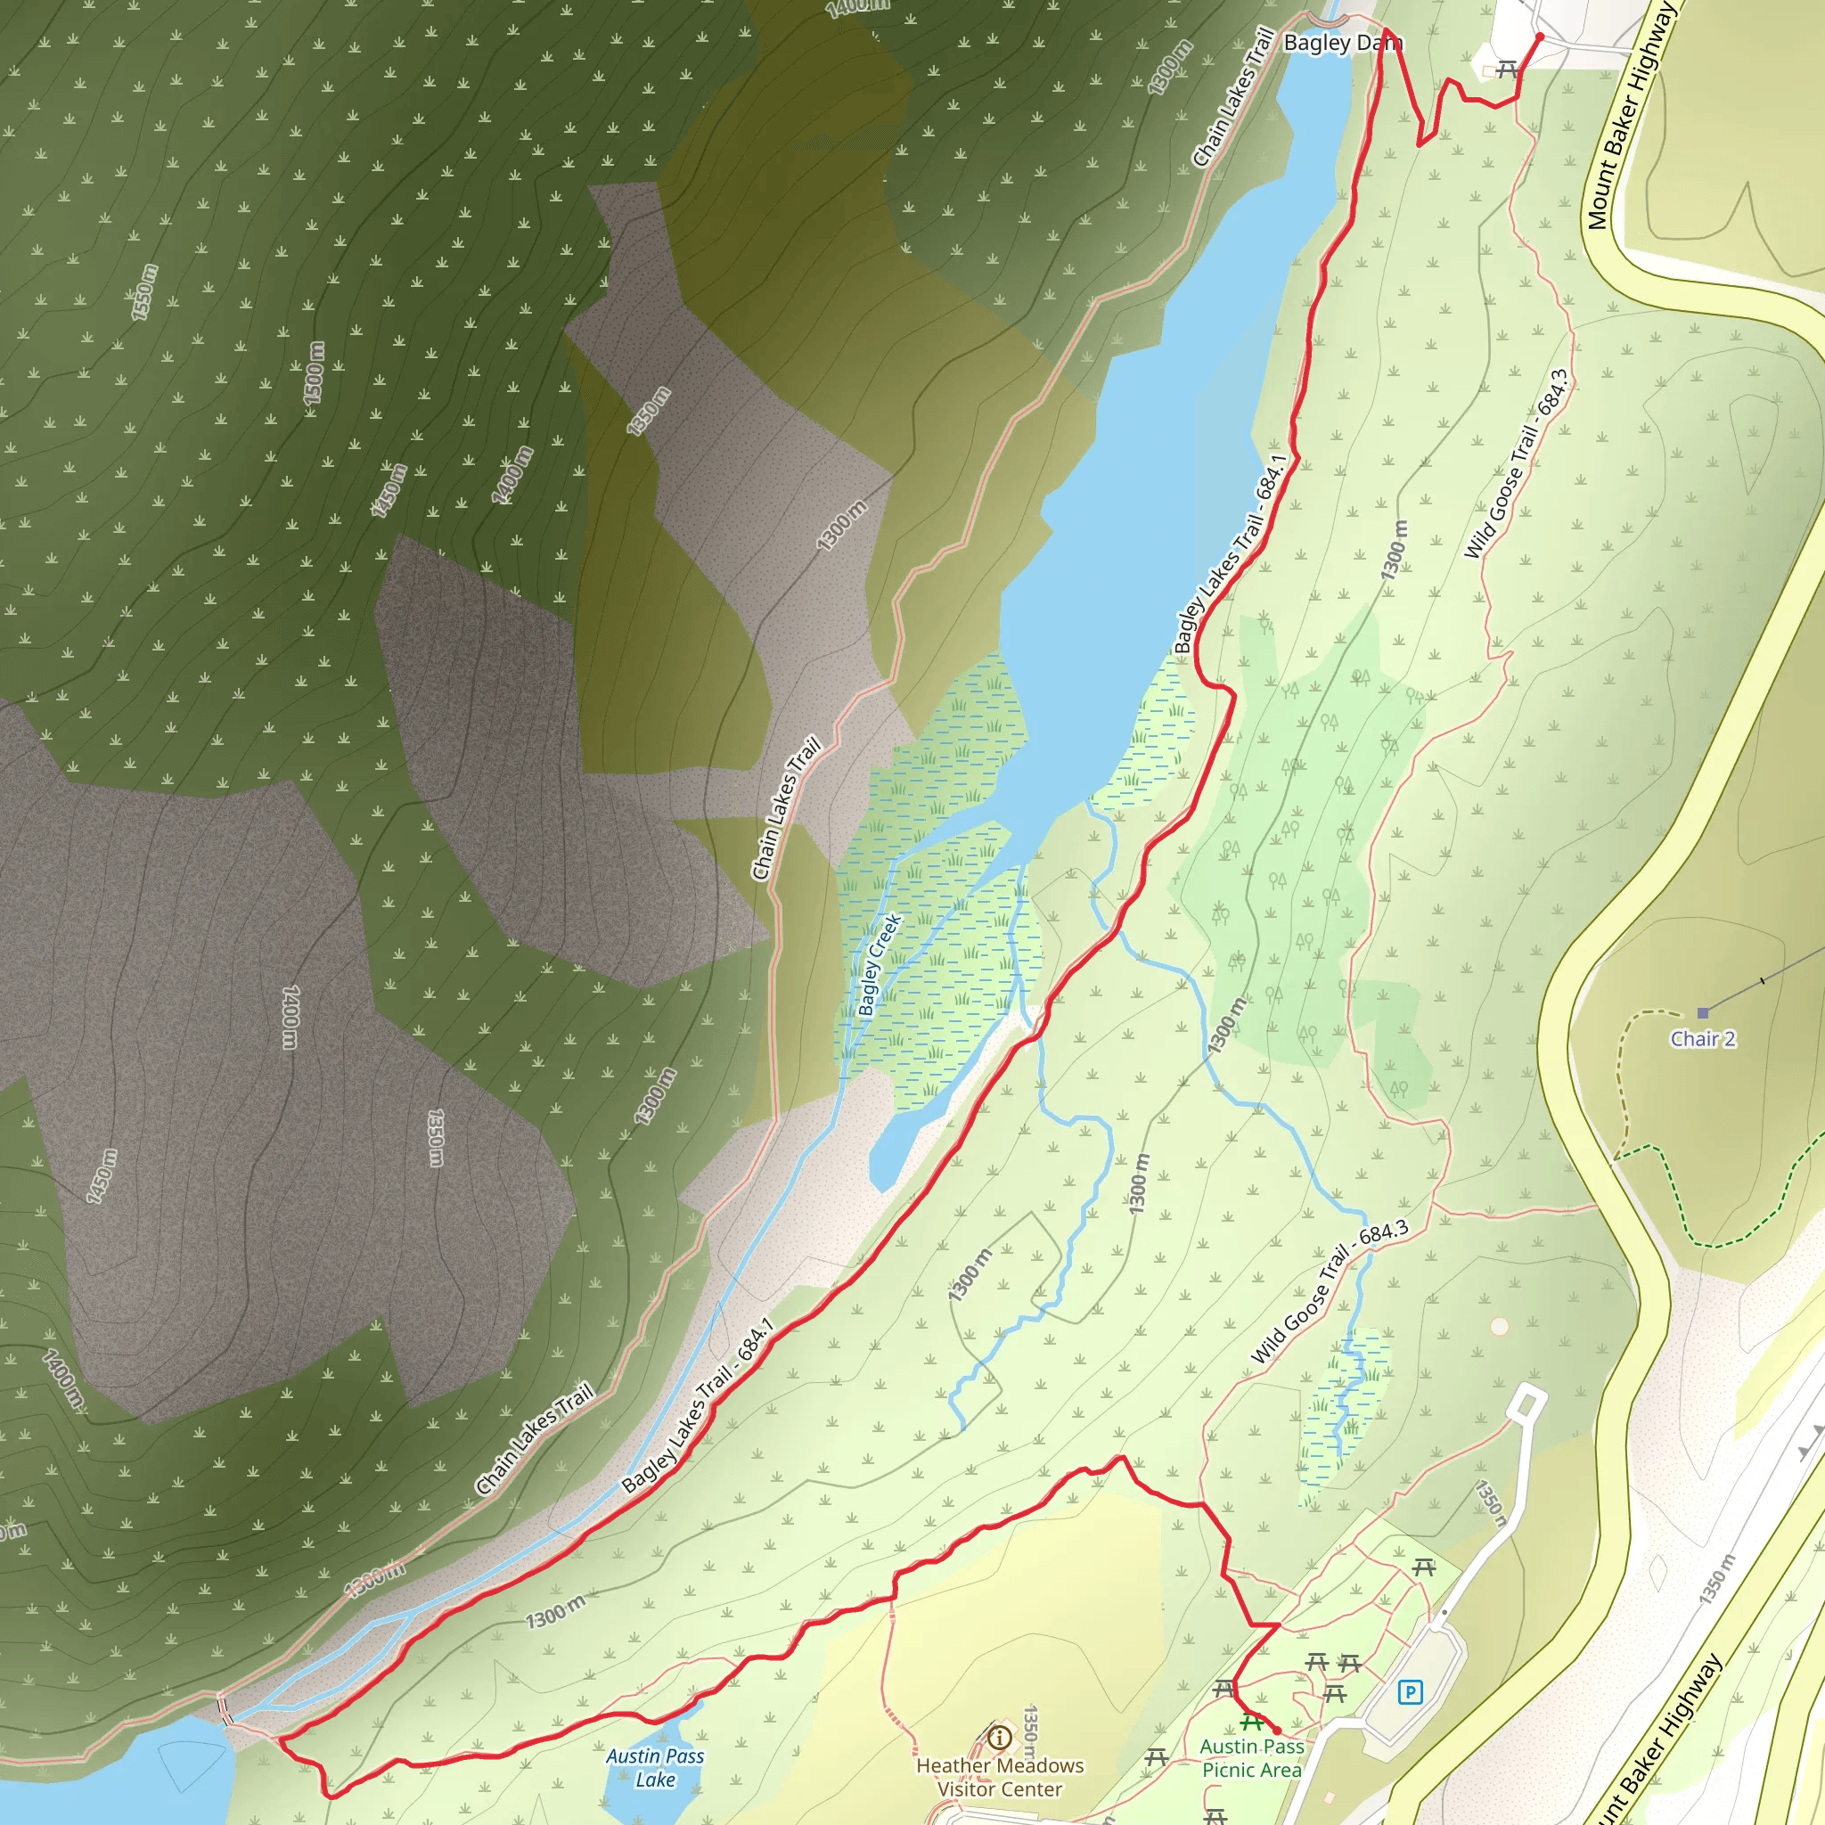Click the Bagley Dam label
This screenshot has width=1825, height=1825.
[1342, 44]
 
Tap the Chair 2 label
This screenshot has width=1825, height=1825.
[1702, 1039]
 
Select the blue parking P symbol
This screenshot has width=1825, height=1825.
[1410, 1692]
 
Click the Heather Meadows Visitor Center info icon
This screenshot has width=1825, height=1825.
[1000, 1737]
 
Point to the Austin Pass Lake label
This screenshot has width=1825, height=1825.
[655, 1767]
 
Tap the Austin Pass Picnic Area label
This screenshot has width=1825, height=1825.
[1252, 1758]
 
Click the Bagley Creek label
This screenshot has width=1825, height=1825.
[880, 964]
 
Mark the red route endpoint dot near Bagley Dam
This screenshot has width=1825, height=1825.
[1540, 37]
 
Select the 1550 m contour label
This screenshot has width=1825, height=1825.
[144, 292]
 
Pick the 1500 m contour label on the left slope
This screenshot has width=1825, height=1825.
[314, 372]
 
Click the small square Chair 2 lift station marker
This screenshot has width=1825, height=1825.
[1703, 1012]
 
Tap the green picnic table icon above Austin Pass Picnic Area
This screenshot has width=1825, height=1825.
[1252, 1722]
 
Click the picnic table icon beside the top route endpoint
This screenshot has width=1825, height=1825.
[1507, 69]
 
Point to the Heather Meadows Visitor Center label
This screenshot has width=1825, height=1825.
[1000, 1777]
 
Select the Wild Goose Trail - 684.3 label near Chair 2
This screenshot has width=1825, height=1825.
[1516, 463]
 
